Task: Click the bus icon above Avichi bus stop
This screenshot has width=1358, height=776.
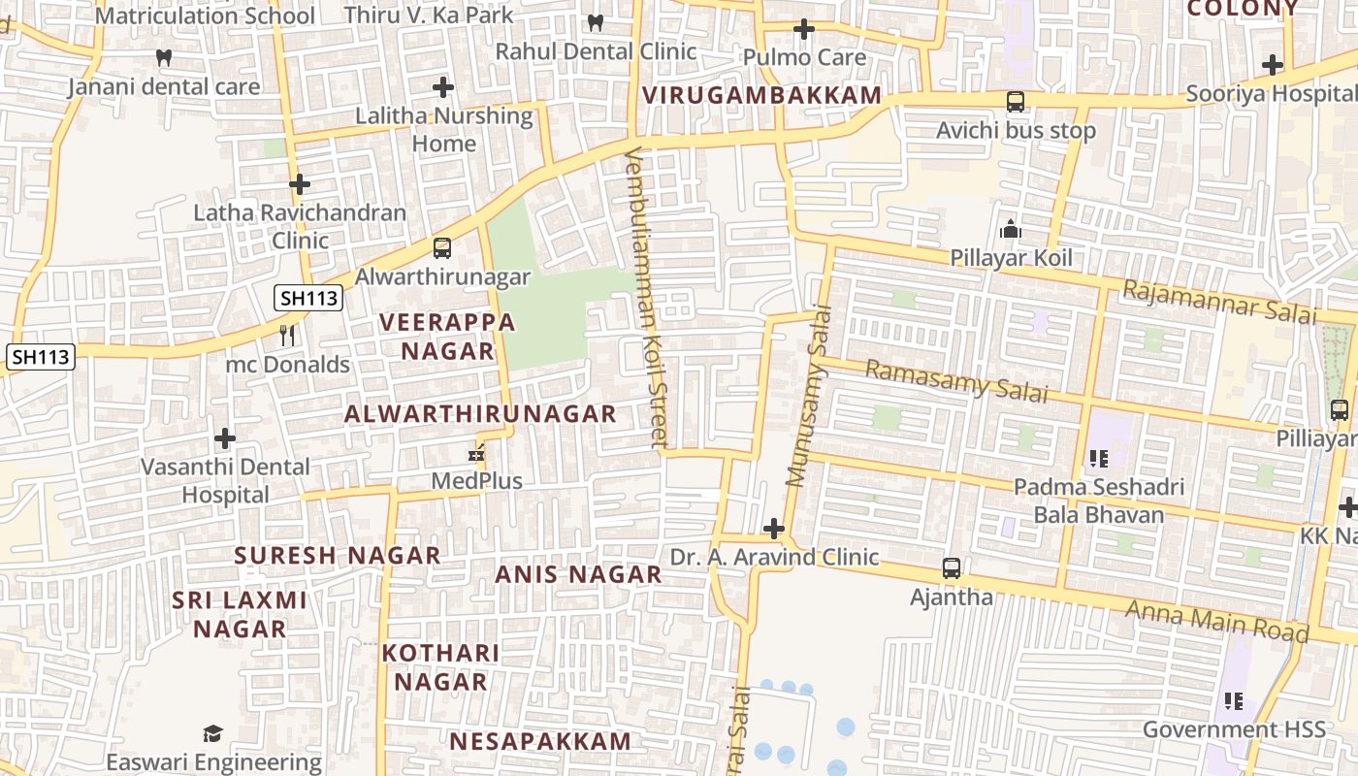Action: coord(1015,101)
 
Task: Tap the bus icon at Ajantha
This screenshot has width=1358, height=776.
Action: coord(952,567)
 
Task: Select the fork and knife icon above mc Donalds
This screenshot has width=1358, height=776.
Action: coord(287,336)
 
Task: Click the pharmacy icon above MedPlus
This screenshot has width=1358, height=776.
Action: coord(476,452)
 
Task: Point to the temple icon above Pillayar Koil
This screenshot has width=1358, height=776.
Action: coord(1011,229)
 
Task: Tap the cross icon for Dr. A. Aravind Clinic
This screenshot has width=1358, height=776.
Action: coord(774,529)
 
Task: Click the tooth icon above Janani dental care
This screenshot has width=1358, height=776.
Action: coord(164,58)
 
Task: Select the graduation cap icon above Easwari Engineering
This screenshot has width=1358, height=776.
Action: coord(213,733)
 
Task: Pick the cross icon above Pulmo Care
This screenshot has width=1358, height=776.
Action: coord(803,29)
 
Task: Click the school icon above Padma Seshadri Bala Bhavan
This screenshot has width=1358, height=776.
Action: coord(1098,458)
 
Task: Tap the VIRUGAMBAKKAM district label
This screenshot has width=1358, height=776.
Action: coord(761,95)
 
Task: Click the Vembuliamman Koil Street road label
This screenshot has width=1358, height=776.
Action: coord(646,297)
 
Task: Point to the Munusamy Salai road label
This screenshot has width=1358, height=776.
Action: coord(810,396)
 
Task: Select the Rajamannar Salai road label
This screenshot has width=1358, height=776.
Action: coord(1219,301)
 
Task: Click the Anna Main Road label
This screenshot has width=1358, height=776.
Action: coord(1216,621)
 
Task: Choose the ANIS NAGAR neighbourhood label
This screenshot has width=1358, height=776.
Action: coord(578,574)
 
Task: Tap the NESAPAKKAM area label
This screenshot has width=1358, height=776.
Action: coord(539,741)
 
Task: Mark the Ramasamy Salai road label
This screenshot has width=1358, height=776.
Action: coord(955,380)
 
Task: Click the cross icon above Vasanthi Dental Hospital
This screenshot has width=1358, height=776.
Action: coord(225,438)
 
